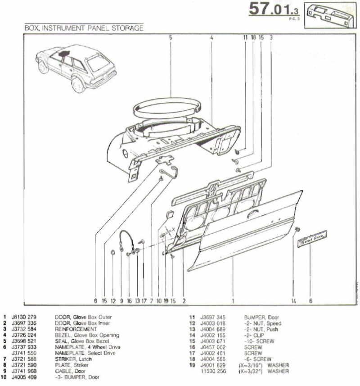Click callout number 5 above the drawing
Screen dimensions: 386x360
click(171, 38)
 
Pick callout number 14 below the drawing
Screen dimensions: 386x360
click(294, 300)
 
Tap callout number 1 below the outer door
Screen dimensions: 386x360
click(233, 300)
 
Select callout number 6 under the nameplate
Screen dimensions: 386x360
click(310, 300)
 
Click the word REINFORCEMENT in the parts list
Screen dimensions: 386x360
click(76, 329)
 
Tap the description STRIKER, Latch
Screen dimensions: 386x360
click(72, 359)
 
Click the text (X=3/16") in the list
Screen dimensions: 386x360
click(249, 365)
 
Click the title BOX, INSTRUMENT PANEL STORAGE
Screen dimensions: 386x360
click(84, 28)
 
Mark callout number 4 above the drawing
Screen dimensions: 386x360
click(211, 38)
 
